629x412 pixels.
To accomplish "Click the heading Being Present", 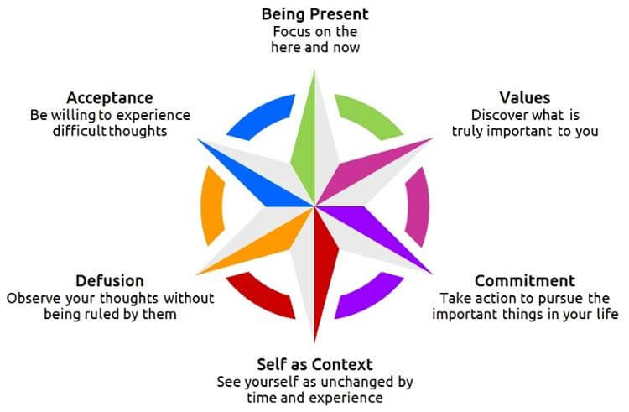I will (x=314, y=14).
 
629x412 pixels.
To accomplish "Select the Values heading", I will (x=524, y=98).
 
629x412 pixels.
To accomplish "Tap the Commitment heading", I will (x=525, y=280).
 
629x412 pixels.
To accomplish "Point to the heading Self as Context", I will (x=314, y=364).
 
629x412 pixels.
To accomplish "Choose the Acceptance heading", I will (x=110, y=97).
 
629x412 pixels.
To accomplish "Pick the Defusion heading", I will (x=110, y=280).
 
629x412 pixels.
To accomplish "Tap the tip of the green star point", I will (x=315, y=70).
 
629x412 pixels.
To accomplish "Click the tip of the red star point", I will (x=315, y=339).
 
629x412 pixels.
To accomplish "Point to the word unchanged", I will (x=354, y=382).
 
